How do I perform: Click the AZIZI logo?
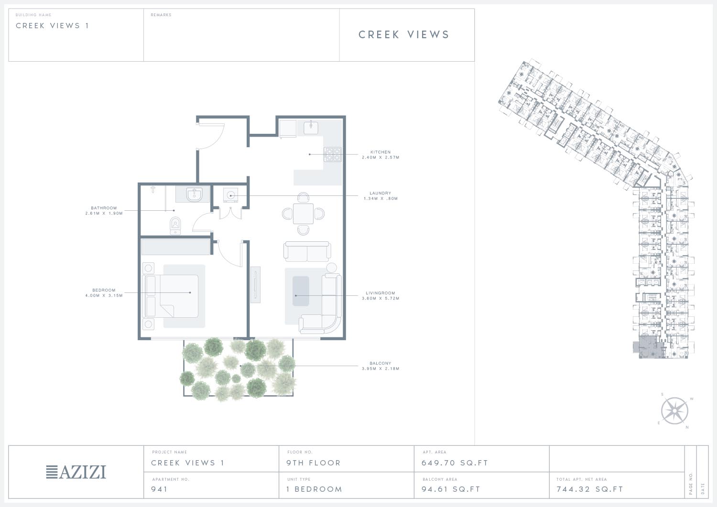click(76, 472)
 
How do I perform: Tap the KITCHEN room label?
click(380, 152)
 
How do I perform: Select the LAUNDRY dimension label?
click(380, 198)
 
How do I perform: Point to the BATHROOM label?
click(104, 208)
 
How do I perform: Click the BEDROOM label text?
click(104, 291)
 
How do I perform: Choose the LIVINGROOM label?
click(380, 293)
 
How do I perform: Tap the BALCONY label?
click(380, 363)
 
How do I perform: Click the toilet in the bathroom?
click(175, 226)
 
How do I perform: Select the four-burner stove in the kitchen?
click(333, 154)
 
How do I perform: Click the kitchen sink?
click(311, 127)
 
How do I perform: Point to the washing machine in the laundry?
click(230, 195)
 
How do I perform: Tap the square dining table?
click(303, 214)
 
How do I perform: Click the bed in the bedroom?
click(172, 296)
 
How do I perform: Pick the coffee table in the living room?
click(301, 291)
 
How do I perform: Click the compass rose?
click(674, 411)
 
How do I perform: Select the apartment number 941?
click(159, 489)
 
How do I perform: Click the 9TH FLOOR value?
click(314, 463)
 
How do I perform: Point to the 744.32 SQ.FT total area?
click(589, 489)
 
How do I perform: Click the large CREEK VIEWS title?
click(403, 34)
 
